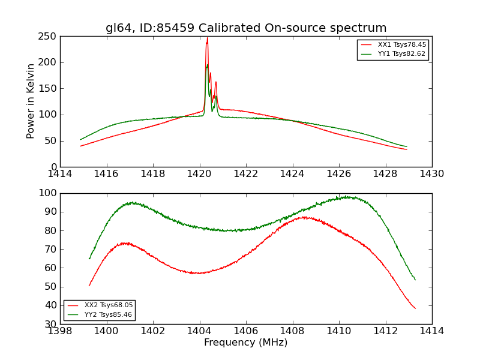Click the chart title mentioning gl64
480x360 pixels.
246,28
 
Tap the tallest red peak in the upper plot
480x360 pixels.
207,38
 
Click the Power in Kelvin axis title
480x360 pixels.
31,101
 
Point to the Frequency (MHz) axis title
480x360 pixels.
246,343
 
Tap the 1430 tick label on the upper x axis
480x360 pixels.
432,174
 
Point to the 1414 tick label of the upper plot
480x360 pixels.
61,174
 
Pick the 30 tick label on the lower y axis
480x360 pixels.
52,324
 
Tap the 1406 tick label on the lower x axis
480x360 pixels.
246,331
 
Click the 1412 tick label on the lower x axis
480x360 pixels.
385,331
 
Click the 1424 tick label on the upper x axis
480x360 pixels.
293,174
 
